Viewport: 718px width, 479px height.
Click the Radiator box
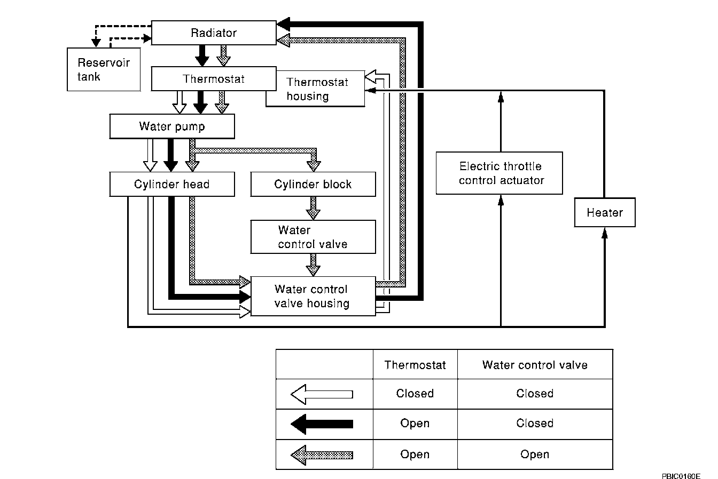click(214, 33)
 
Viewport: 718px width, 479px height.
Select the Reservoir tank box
click(104, 69)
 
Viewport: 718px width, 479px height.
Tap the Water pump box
click(172, 127)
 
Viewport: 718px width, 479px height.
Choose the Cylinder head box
click(172, 185)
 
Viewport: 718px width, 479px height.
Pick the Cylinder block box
click(313, 185)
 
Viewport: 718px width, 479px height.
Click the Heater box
click(605, 213)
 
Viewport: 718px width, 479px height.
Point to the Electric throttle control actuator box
click(500, 173)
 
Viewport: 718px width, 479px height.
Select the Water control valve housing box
click(313, 297)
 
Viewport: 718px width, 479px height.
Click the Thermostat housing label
click(317, 89)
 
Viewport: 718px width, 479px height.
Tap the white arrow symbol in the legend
click(322, 394)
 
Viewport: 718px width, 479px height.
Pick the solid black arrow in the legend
click(322, 424)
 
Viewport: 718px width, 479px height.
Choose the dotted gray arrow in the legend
click(322, 454)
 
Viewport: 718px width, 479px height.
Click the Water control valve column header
click(535, 365)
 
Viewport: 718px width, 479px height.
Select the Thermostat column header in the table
click(415, 365)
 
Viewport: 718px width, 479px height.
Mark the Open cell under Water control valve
click(535, 454)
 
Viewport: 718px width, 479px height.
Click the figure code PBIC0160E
click(681, 474)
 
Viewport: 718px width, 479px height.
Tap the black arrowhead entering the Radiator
click(284, 23)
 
